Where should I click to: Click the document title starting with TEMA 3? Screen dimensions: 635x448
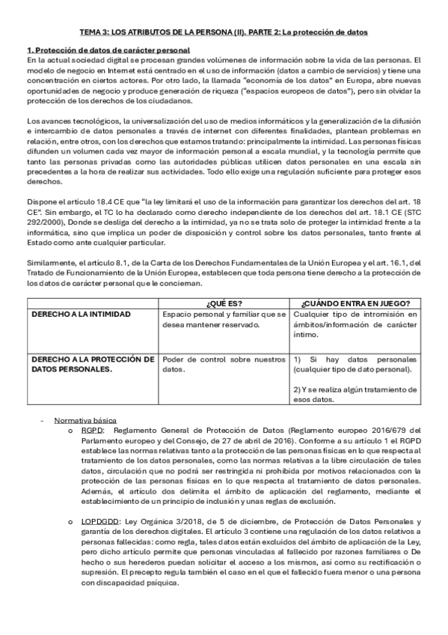tap(224, 34)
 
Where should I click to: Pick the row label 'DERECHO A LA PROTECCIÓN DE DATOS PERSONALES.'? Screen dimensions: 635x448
tap(93, 364)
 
